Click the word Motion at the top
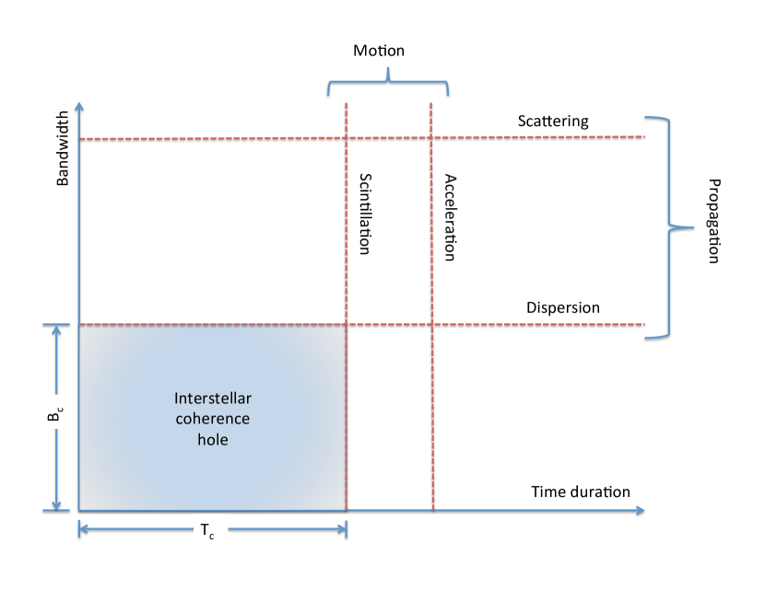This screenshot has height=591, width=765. (379, 51)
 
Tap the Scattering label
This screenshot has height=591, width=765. (553, 122)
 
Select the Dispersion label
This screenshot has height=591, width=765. (562, 308)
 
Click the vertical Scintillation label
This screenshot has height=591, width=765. (364, 214)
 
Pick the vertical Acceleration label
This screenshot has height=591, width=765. (450, 217)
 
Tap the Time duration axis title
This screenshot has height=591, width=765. (581, 492)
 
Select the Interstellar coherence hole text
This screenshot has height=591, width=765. (213, 419)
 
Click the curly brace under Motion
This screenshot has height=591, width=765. (388, 83)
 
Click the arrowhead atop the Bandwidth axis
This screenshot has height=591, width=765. (80, 107)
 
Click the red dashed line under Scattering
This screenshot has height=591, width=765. (230, 138)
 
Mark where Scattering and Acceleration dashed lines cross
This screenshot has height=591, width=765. (432, 137)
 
